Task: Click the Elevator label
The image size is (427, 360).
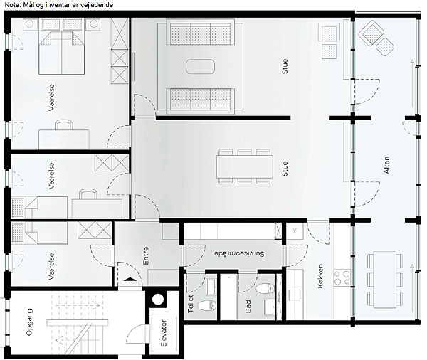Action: point(164,333)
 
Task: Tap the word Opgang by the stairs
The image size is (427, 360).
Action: point(29,322)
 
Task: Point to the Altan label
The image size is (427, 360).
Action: point(386,165)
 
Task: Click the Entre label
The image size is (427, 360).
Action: point(146,255)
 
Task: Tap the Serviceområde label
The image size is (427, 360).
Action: point(239,254)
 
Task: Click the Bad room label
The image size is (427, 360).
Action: point(248,307)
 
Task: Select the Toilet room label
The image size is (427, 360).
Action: point(190,304)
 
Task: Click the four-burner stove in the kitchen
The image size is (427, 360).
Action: point(342,277)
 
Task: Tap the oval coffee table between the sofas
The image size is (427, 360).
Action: point(200,66)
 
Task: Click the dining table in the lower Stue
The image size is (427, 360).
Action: point(245,166)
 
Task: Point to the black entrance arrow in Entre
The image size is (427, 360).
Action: point(130,279)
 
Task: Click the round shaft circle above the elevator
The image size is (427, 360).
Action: point(158,300)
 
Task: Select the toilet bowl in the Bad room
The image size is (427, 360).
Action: point(265,288)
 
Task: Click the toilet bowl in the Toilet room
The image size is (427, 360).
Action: point(206,305)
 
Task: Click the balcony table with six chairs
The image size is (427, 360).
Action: point(385,280)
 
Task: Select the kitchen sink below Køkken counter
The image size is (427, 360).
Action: point(295,295)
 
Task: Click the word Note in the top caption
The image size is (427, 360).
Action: point(11,5)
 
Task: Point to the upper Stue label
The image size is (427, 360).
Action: point(285,66)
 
